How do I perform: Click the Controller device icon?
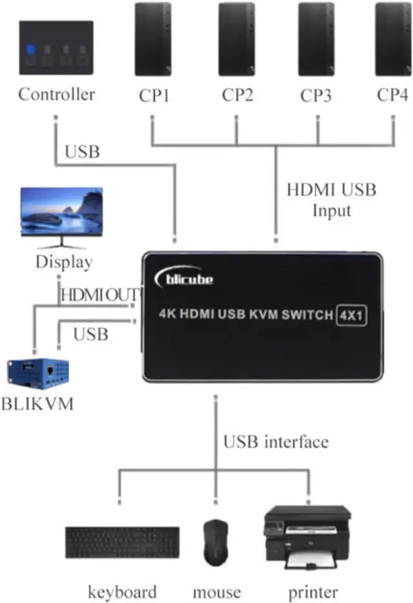[x=56, y=48]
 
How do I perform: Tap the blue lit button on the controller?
[x=30, y=49]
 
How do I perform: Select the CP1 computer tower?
[x=153, y=39]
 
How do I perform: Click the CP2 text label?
[x=237, y=95]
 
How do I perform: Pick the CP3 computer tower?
[x=316, y=39]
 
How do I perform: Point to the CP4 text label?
[x=392, y=95]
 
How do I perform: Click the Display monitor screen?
[x=62, y=211]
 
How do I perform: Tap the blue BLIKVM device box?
[x=38, y=374]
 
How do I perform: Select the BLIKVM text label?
[x=37, y=404]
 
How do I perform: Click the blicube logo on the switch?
[x=184, y=277]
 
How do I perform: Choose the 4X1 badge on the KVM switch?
[x=351, y=315]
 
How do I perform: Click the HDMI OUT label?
[x=99, y=295]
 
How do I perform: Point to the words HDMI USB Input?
[x=331, y=200]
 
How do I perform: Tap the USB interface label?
[x=276, y=441]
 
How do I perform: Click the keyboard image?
[x=122, y=542]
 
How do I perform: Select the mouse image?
[x=216, y=542]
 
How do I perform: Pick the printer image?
[x=307, y=538]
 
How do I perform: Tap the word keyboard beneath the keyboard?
[x=122, y=592]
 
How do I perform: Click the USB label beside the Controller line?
[x=82, y=152]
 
